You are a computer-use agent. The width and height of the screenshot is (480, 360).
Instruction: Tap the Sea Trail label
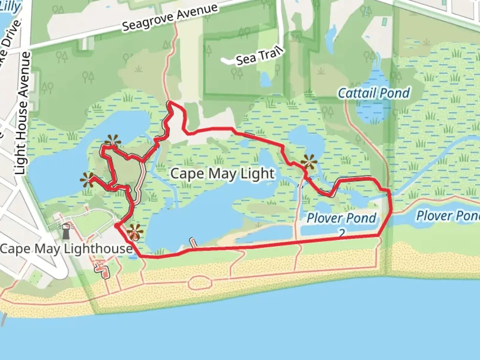click(260, 56)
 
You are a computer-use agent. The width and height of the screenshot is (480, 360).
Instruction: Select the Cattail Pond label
click(374, 93)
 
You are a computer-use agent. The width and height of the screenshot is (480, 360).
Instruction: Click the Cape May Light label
click(223, 174)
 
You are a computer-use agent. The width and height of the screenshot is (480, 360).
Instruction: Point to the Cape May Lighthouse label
click(66, 249)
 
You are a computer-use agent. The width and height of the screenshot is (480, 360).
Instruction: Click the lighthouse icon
click(66, 230)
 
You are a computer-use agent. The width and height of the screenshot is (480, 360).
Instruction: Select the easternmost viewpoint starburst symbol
click(309, 162)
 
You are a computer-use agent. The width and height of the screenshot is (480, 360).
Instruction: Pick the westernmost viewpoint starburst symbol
click(88, 180)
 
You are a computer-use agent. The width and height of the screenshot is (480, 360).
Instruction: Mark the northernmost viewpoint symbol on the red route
click(112, 141)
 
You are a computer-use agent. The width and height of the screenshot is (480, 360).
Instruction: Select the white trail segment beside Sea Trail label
click(227, 61)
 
